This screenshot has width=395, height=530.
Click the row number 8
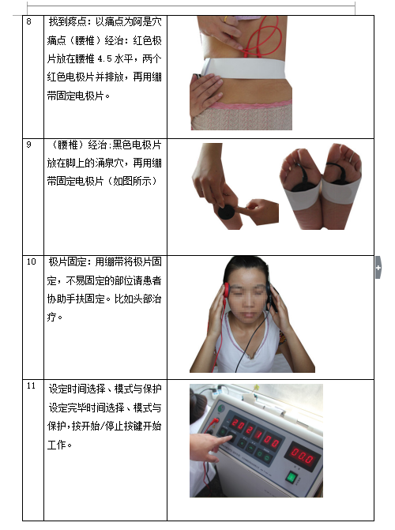(28, 21)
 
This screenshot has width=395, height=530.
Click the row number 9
(28, 145)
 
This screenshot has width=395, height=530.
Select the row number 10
(31, 261)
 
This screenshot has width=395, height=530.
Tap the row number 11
(31, 385)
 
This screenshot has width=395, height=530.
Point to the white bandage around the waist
(244, 68)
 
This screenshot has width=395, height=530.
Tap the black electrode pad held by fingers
(226, 212)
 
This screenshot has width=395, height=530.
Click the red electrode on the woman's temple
(226, 291)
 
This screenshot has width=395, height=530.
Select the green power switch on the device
(292, 478)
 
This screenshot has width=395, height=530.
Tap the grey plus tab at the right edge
(378, 267)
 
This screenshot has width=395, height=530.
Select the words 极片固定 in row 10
(67, 261)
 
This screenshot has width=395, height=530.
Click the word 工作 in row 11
(56, 445)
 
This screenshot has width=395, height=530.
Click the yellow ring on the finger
(225, 20)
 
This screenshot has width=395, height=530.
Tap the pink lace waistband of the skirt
(250, 104)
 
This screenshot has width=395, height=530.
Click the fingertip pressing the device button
(231, 438)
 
